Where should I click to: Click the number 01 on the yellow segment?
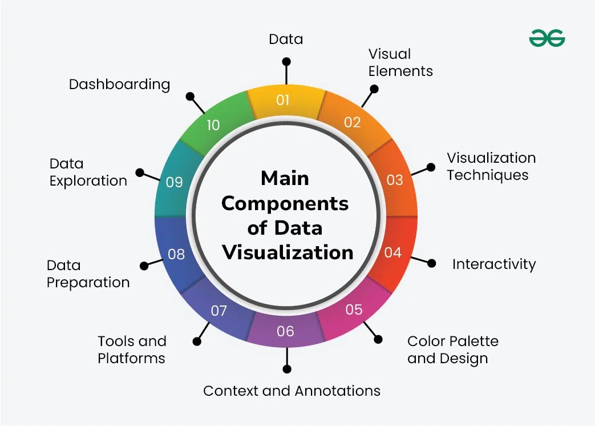pos(283,101)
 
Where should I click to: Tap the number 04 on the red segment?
pos(392,252)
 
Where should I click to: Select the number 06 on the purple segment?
pos(285,331)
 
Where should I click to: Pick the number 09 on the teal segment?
pos(174,182)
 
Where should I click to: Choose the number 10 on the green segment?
pos(213,125)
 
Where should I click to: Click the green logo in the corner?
pos(547,38)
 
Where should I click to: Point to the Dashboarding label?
pos(119,85)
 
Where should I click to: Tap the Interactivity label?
pos(494,264)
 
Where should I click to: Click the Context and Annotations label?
pos(292,391)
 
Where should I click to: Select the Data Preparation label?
pos(88,274)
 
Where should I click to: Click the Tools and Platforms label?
pos(132,349)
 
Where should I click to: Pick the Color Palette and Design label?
pos(452,349)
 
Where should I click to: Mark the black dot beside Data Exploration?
pos(139,172)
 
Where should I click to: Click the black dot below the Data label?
pos(286,61)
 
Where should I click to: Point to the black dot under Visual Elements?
pos(374,89)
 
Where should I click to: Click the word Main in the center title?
pos(285,178)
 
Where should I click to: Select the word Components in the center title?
pos(285,203)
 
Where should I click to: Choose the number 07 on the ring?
pos(219,311)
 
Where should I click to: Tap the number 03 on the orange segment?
pos(395,180)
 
